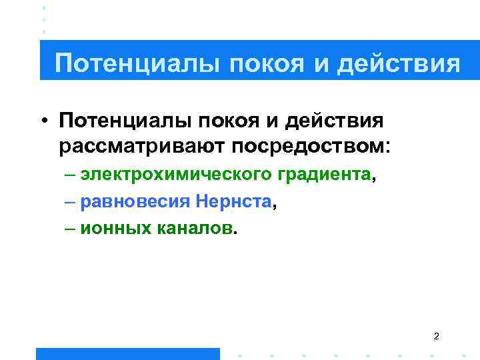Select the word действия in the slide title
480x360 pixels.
tap(399, 64)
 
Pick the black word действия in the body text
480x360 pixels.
tap(335, 121)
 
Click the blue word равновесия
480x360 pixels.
tap(136, 202)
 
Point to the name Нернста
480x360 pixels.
tap(234, 202)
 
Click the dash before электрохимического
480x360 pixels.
tap(71, 175)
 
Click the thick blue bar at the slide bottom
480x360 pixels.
tap(127, 353)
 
